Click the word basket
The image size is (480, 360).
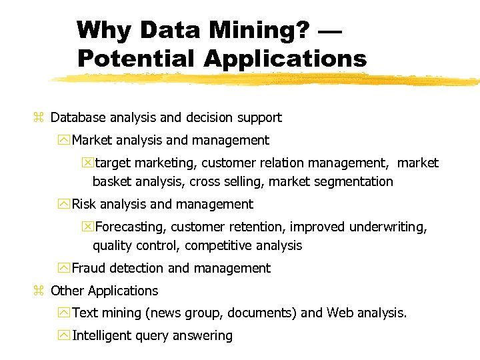point(111,181)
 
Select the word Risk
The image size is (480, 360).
point(84,204)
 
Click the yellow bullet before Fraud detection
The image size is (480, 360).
point(64,268)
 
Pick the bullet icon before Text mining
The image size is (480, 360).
point(64,313)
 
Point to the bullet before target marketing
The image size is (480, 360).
point(87,163)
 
